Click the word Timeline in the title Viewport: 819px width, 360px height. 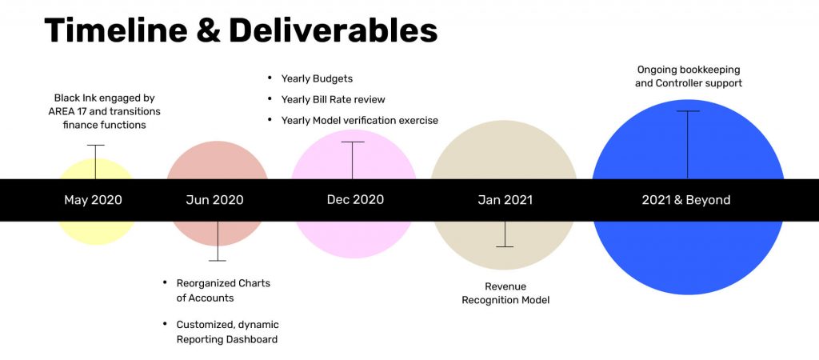tap(115, 30)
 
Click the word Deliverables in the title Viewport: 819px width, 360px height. tap(333, 30)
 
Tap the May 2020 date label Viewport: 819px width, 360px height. tap(93, 199)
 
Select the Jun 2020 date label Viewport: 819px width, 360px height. tap(214, 199)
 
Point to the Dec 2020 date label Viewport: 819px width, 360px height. tap(355, 199)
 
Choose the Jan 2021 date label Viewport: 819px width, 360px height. tap(505, 199)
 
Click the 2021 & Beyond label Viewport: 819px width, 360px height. tap(686, 199)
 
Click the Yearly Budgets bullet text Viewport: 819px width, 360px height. tap(317, 79)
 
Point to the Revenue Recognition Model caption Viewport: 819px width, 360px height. tap(505, 293)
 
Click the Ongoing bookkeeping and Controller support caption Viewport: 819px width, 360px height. tap(689, 76)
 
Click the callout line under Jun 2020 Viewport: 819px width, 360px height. tap(218, 241)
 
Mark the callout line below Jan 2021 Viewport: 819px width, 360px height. tap(505, 234)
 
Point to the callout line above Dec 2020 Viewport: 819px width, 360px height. tap(352, 160)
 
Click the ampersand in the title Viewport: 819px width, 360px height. tap(208, 30)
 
